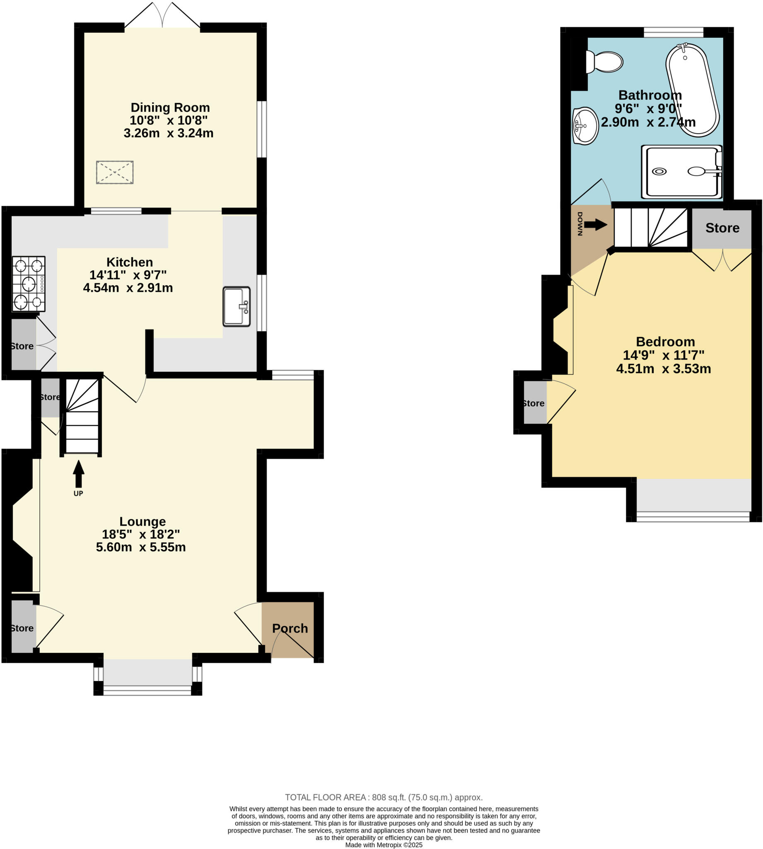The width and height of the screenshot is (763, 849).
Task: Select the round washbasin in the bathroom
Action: click(x=585, y=126)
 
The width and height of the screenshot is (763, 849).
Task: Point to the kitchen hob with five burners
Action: click(x=29, y=284)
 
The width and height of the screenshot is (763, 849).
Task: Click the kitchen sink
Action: click(x=237, y=306)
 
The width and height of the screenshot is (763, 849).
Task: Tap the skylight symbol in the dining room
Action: click(x=114, y=172)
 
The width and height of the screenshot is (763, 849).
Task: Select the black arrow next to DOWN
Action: click(x=595, y=225)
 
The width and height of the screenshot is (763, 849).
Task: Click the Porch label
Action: click(x=290, y=628)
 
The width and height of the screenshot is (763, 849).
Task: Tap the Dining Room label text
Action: click(x=170, y=108)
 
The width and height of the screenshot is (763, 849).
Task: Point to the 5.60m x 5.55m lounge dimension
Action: click(x=141, y=547)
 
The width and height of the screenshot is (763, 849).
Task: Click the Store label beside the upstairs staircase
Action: click(x=722, y=228)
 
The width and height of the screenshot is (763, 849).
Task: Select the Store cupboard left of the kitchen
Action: click(x=23, y=346)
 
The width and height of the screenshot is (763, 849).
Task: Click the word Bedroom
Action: click(x=665, y=342)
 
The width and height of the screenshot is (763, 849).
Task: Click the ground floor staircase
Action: click(x=82, y=415)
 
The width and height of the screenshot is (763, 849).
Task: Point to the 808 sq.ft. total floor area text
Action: click(x=384, y=798)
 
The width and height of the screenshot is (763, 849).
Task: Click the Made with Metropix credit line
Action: click(x=384, y=845)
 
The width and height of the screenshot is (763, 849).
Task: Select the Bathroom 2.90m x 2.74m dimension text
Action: click(x=648, y=122)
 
